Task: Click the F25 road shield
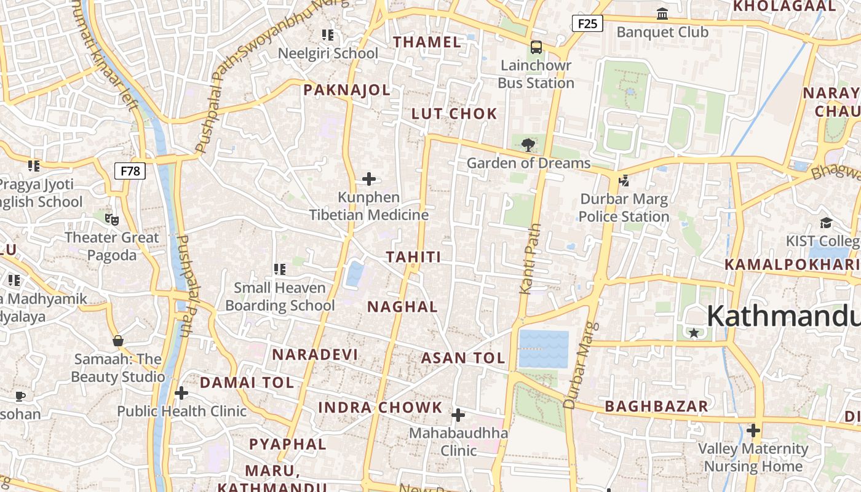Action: (x=587, y=24)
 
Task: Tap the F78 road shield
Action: (x=130, y=171)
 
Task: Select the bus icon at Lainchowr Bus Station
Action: (x=536, y=47)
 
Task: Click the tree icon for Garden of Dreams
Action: (x=528, y=145)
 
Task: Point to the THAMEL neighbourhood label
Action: (x=427, y=42)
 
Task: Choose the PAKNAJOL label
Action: (x=347, y=90)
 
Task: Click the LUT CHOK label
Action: (x=454, y=114)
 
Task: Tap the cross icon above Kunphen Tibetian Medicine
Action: (x=369, y=179)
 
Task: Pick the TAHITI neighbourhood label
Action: (x=413, y=257)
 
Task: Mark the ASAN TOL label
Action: (x=463, y=358)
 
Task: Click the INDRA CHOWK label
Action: (x=380, y=407)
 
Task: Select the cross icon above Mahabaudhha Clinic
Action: (x=458, y=415)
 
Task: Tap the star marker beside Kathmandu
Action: (x=694, y=333)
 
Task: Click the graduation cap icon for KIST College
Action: (x=826, y=223)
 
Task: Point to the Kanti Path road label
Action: (x=531, y=258)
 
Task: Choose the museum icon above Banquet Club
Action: (x=662, y=14)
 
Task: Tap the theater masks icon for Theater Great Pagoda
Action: (x=111, y=218)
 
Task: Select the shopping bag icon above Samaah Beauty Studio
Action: (x=118, y=341)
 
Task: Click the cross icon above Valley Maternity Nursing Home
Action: (x=753, y=430)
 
